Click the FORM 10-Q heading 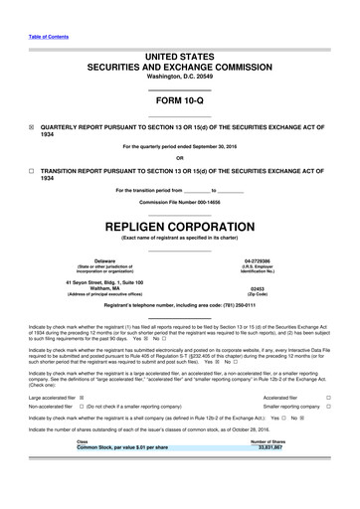point(179,102)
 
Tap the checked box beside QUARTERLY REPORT point(32,128)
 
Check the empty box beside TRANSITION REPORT point(32,170)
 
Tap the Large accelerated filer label point(54,398)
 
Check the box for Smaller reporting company point(328,408)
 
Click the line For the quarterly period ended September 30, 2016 point(179,147)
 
